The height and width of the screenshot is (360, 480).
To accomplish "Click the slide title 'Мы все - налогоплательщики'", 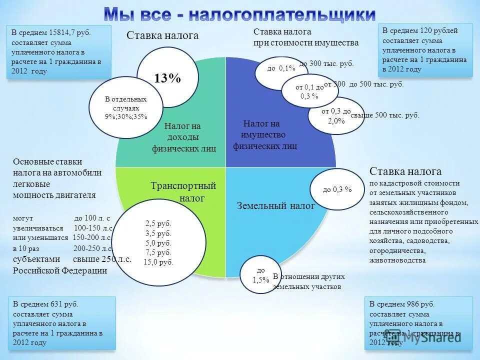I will pos(240,13).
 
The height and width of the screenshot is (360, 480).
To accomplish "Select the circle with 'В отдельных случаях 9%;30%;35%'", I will pos(125,108).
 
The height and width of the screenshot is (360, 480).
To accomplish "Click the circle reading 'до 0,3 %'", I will pos(337,189).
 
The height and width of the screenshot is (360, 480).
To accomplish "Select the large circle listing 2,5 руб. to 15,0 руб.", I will pos(158,242).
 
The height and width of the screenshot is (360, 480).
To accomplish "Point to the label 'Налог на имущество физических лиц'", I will pos(264,135).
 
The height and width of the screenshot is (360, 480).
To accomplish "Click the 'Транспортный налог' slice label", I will pos(183,192).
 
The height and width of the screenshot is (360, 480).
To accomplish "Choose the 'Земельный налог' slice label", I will pos(276,205).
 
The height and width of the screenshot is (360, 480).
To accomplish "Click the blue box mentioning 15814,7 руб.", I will pos(58,51).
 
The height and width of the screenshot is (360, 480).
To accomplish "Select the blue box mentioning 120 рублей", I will pos(424,50).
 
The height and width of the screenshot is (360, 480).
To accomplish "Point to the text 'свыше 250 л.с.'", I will pos(102,259).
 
